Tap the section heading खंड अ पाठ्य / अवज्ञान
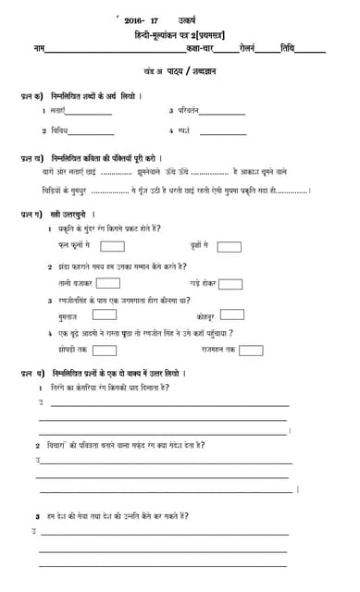180,71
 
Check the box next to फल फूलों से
112,246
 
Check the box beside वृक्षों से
229,247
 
